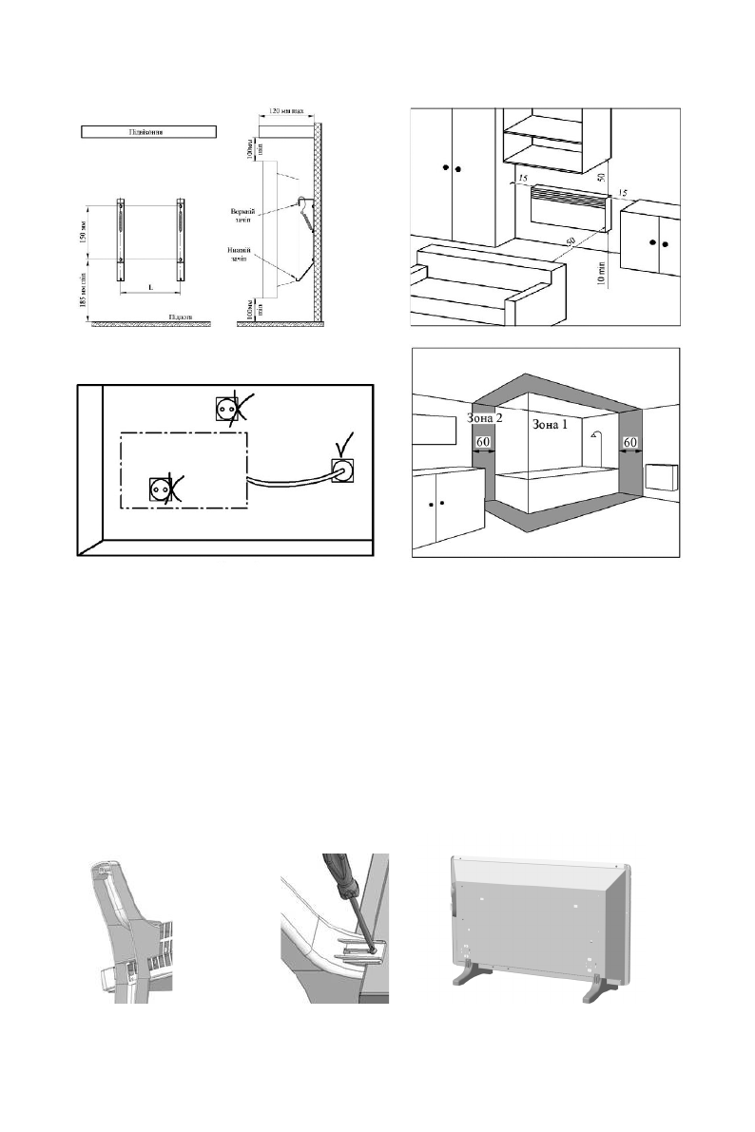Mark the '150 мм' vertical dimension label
click(x=85, y=232)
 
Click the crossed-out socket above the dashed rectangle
click(x=228, y=409)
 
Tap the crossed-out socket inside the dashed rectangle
click(x=159, y=489)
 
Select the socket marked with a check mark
click(x=342, y=470)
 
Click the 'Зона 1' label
click(x=550, y=423)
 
